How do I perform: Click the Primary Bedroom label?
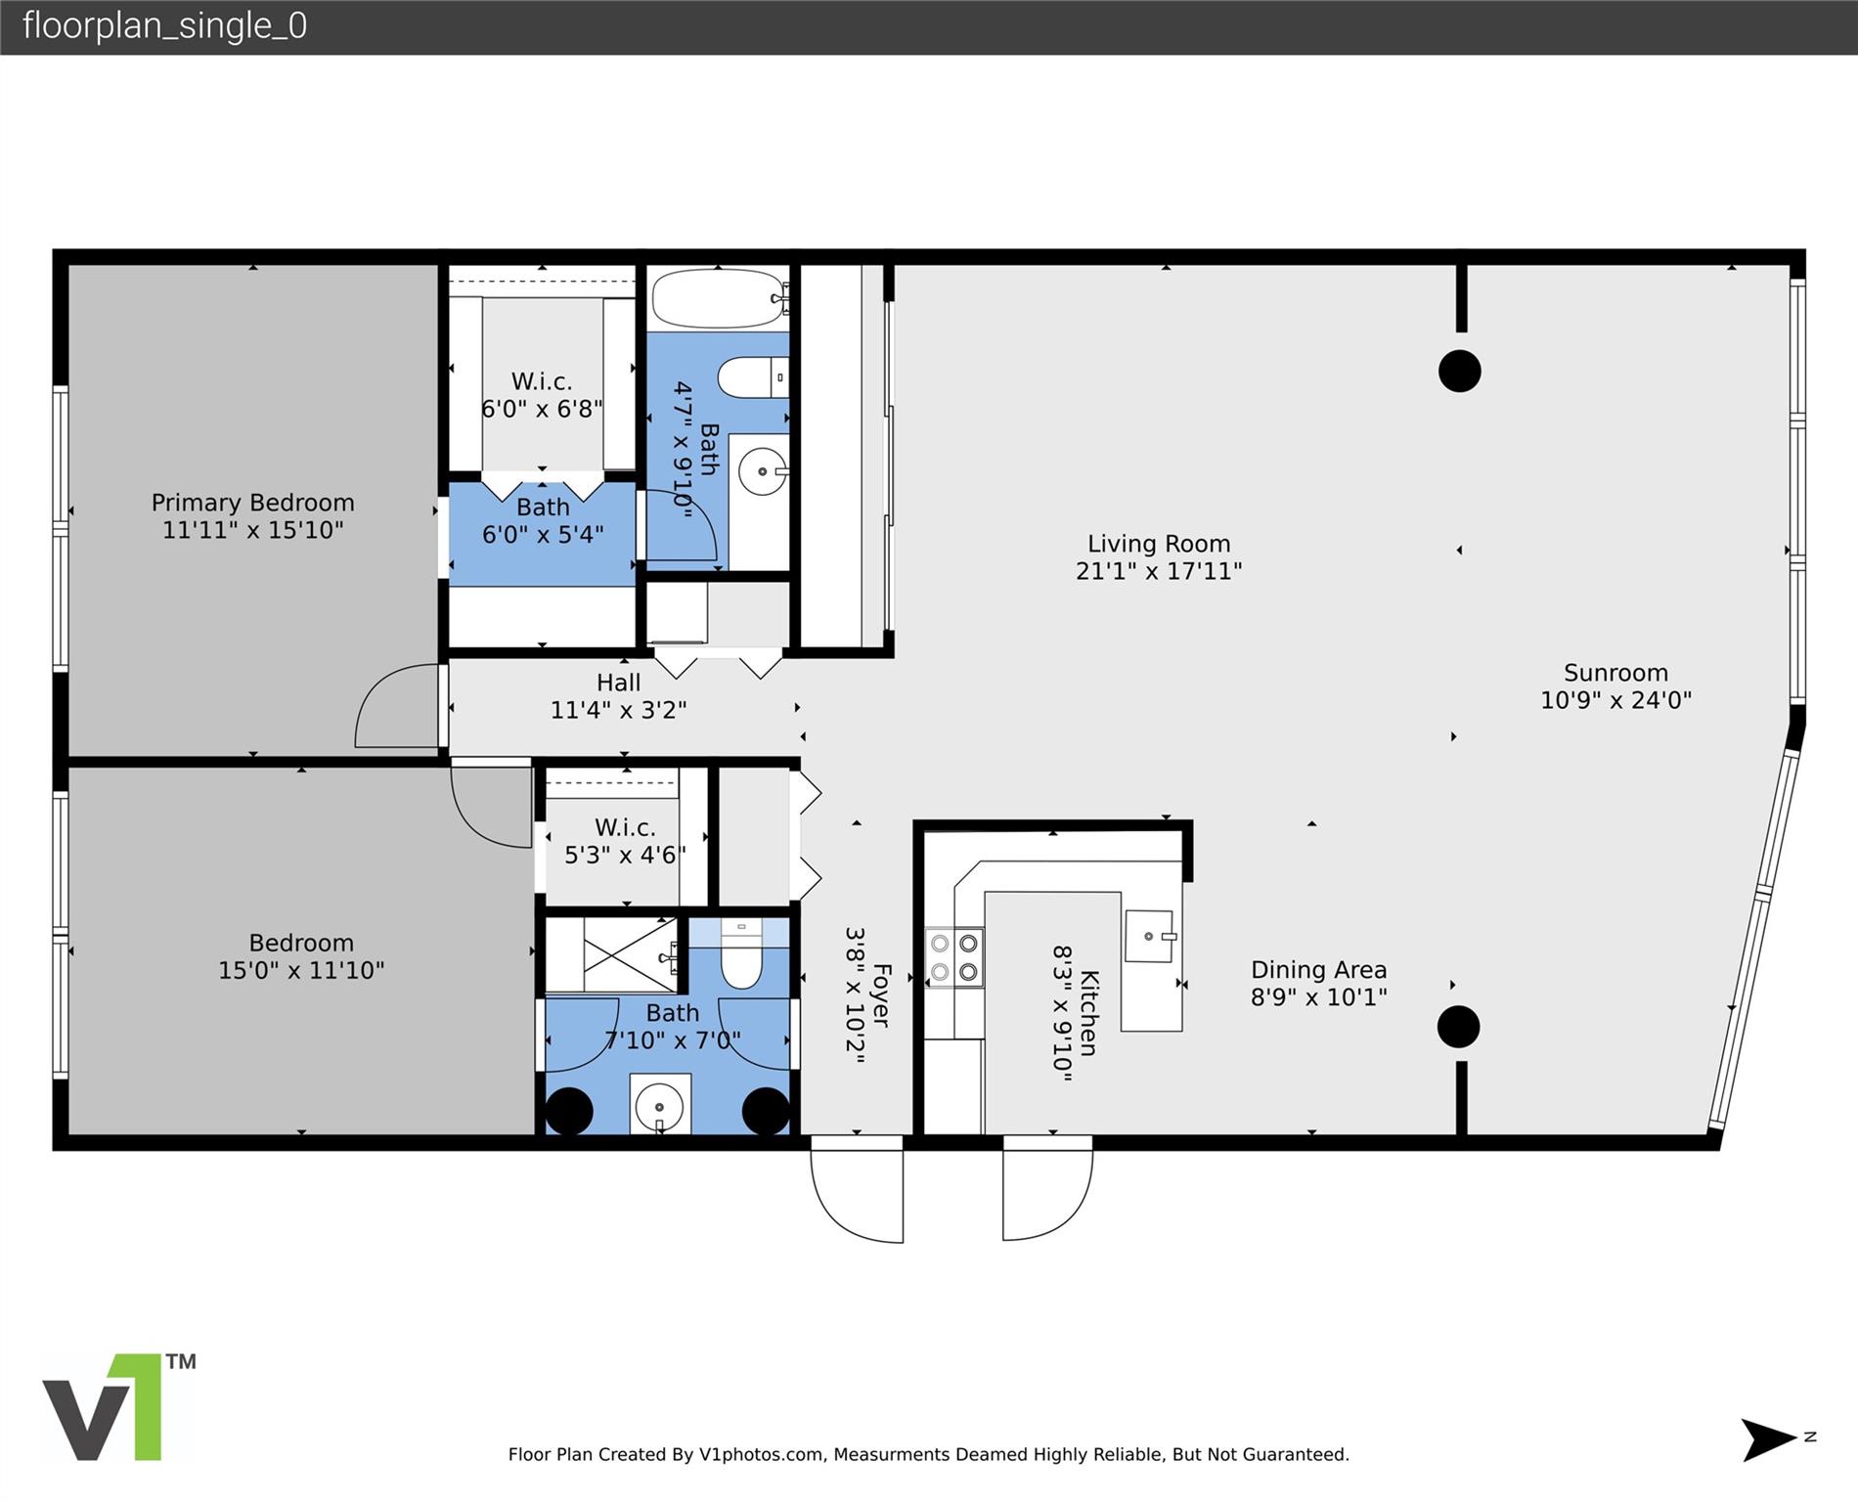pyautogui.click(x=252, y=503)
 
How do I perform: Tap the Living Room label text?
pyautogui.click(x=1159, y=544)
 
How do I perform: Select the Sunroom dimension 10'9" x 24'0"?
pyautogui.click(x=1615, y=700)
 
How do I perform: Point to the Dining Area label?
pyautogui.click(x=1318, y=970)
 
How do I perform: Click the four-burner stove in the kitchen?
pyautogui.click(x=954, y=957)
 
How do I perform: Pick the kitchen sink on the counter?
pyautogui.click(x=1151, y=937)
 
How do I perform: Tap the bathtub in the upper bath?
pyautogui.click(x=720, y=298)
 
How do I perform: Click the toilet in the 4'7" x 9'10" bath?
pyautogui.click(x=752, y=377)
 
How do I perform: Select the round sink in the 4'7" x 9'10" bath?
pyautogui.click(x=763, y=472)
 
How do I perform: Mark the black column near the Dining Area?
pyautogui.click(x=1458, y=1027)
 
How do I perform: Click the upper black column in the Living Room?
pyautogui.click(x=1460, y=372)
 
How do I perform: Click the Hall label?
pyautogui.click(x=618, y=683)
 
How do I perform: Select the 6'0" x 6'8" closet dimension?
pyautogui.click(x=542, y=409)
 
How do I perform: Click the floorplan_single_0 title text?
pyautogui.click(x=164, y=26)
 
